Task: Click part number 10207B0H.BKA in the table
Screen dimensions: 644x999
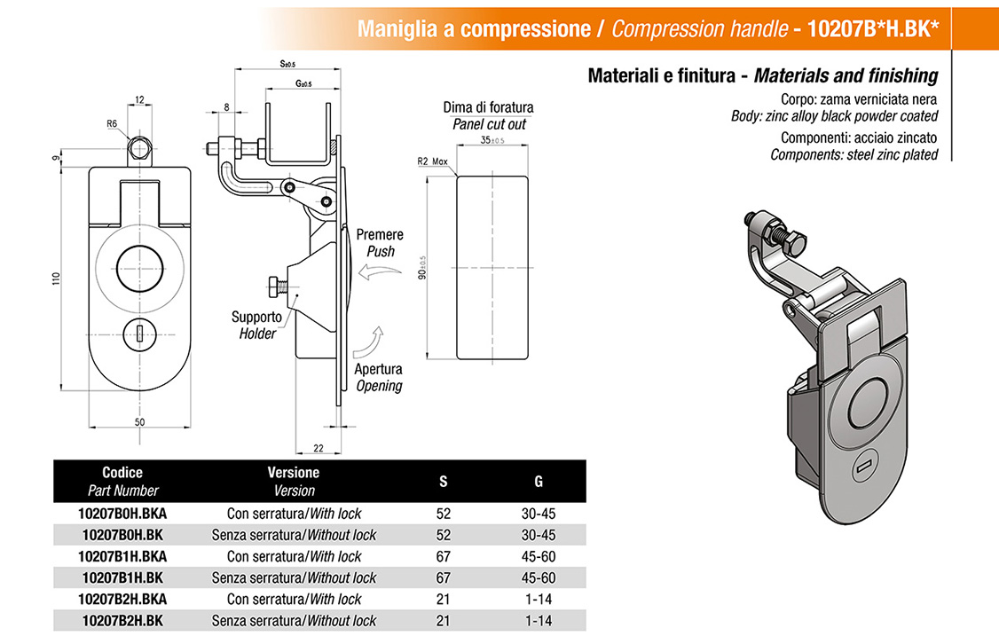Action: point(122,514)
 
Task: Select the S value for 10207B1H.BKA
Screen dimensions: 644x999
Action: point(444,556)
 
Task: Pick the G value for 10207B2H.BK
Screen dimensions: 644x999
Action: point(539,620)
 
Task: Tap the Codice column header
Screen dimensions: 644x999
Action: point(122,473)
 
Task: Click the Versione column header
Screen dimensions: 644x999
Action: point(294,473)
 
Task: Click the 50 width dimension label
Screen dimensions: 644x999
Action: point(139,422)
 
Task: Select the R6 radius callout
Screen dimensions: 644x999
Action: point(113,124)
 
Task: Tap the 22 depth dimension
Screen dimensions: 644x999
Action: point(318,448)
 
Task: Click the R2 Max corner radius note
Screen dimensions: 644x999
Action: point(435,162)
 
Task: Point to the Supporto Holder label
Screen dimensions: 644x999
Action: point(256,325)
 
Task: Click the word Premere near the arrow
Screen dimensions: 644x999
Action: point(380,235)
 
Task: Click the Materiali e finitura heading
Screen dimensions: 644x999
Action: point(762,75)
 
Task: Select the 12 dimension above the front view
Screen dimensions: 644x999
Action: point(139,99)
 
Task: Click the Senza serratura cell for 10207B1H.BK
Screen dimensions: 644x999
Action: point(294,577)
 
